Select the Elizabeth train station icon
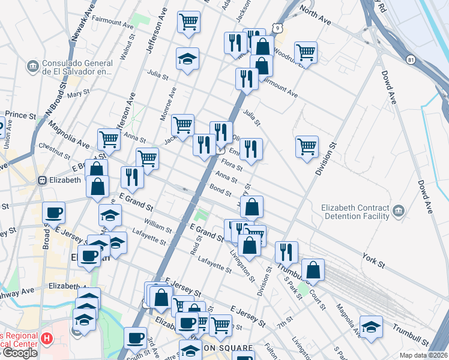point(43,179)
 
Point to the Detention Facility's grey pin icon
point(399,210)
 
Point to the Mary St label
point(78,94)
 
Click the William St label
point(158,226)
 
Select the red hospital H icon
point(46,339)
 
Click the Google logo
point(20,353)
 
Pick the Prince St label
point(21,115)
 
